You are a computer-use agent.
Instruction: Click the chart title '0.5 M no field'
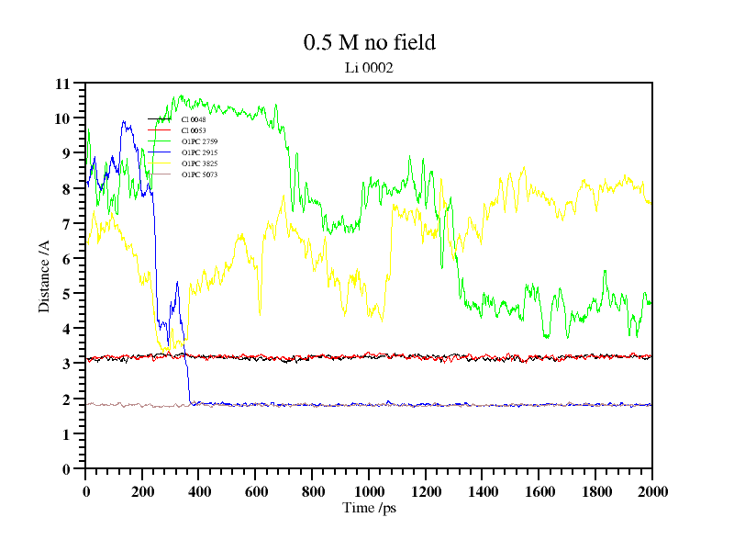369,42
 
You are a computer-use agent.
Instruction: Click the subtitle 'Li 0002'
369,67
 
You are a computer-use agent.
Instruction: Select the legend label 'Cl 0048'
194,119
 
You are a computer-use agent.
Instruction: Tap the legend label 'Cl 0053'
194,130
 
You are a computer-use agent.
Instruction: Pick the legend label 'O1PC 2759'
199,141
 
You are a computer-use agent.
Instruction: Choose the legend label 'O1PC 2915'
199,152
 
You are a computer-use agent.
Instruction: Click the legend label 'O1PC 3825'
199,163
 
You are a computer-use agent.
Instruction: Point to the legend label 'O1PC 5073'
199,174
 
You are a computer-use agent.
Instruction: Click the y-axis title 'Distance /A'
44,275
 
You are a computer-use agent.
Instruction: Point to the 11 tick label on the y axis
62,84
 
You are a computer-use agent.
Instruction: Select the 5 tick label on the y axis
66,294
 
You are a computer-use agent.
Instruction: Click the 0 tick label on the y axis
66,469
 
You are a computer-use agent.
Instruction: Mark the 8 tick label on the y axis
66,188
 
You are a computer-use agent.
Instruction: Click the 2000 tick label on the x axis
651,490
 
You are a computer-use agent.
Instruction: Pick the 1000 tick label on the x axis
369,490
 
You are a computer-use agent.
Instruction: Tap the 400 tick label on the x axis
199,490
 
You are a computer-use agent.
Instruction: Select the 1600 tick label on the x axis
539,490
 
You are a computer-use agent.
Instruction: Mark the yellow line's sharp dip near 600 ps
260,313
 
